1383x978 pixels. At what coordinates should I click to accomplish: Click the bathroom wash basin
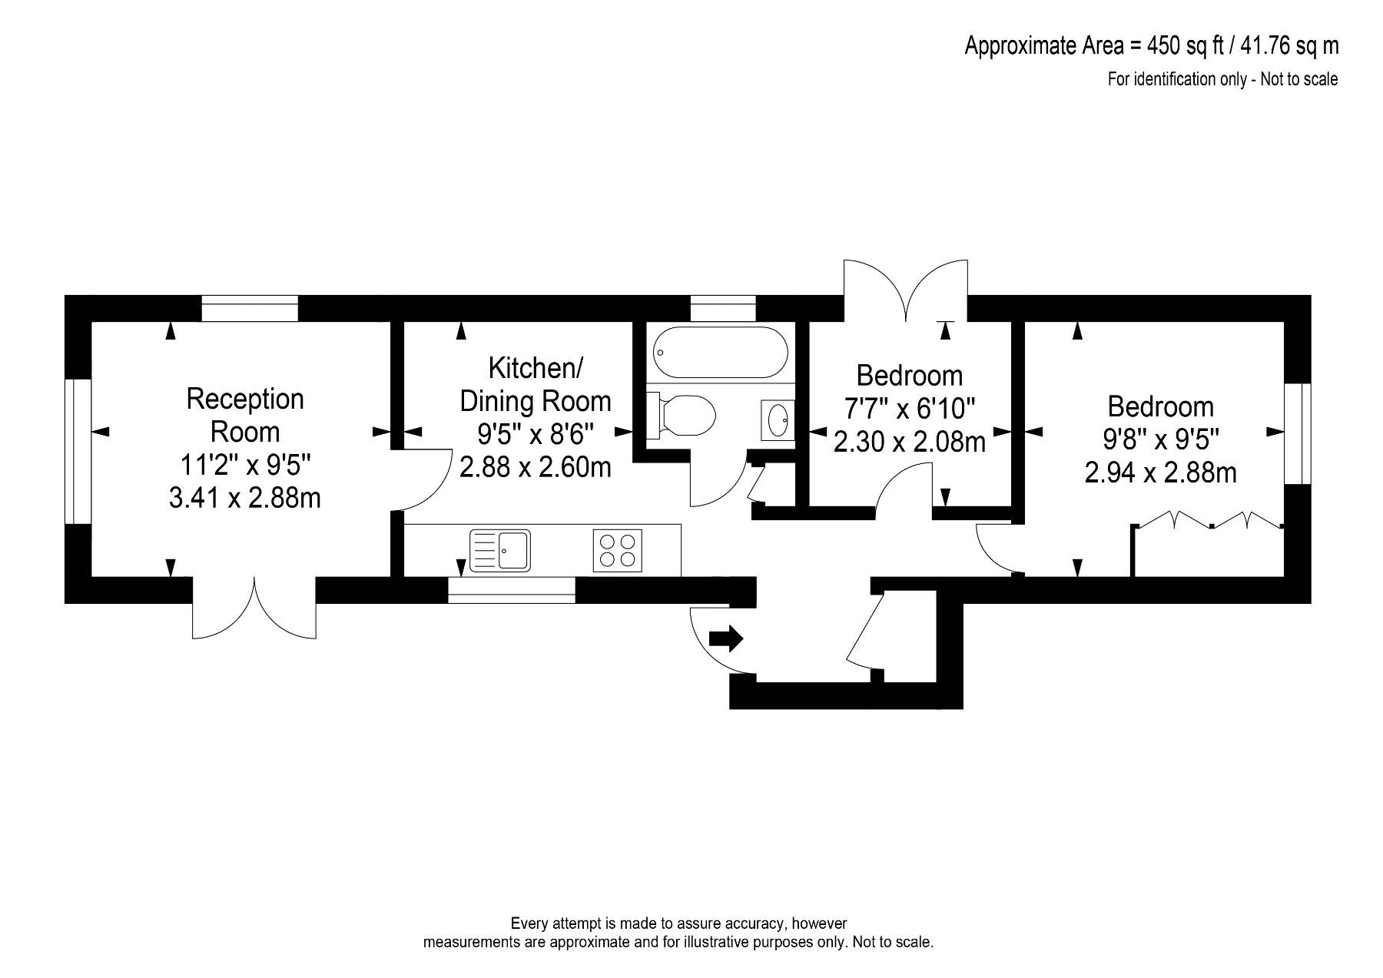click(778, 419)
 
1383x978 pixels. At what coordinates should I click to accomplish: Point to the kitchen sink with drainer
click(499, 550)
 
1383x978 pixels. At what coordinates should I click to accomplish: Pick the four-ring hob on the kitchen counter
click(617, 550)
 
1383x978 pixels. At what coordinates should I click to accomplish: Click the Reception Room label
click(245, 415)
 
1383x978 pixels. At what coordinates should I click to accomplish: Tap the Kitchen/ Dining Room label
click(536, 384)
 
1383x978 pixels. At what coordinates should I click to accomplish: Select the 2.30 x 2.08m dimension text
click(910, 442)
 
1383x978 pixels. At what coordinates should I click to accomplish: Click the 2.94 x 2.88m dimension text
click(1160, 472)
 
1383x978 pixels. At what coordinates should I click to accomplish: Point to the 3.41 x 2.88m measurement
click(245, 499)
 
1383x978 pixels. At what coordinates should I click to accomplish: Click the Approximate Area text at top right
click(1152, 46)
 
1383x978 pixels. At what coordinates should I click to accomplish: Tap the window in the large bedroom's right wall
click(1298, 433)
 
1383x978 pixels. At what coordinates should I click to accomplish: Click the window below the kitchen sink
click(512, 589)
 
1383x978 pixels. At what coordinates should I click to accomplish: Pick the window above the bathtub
click(723, 308)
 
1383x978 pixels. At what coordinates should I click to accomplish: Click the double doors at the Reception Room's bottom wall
click(254, 608)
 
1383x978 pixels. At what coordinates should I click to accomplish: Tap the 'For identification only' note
click(1222, 79)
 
